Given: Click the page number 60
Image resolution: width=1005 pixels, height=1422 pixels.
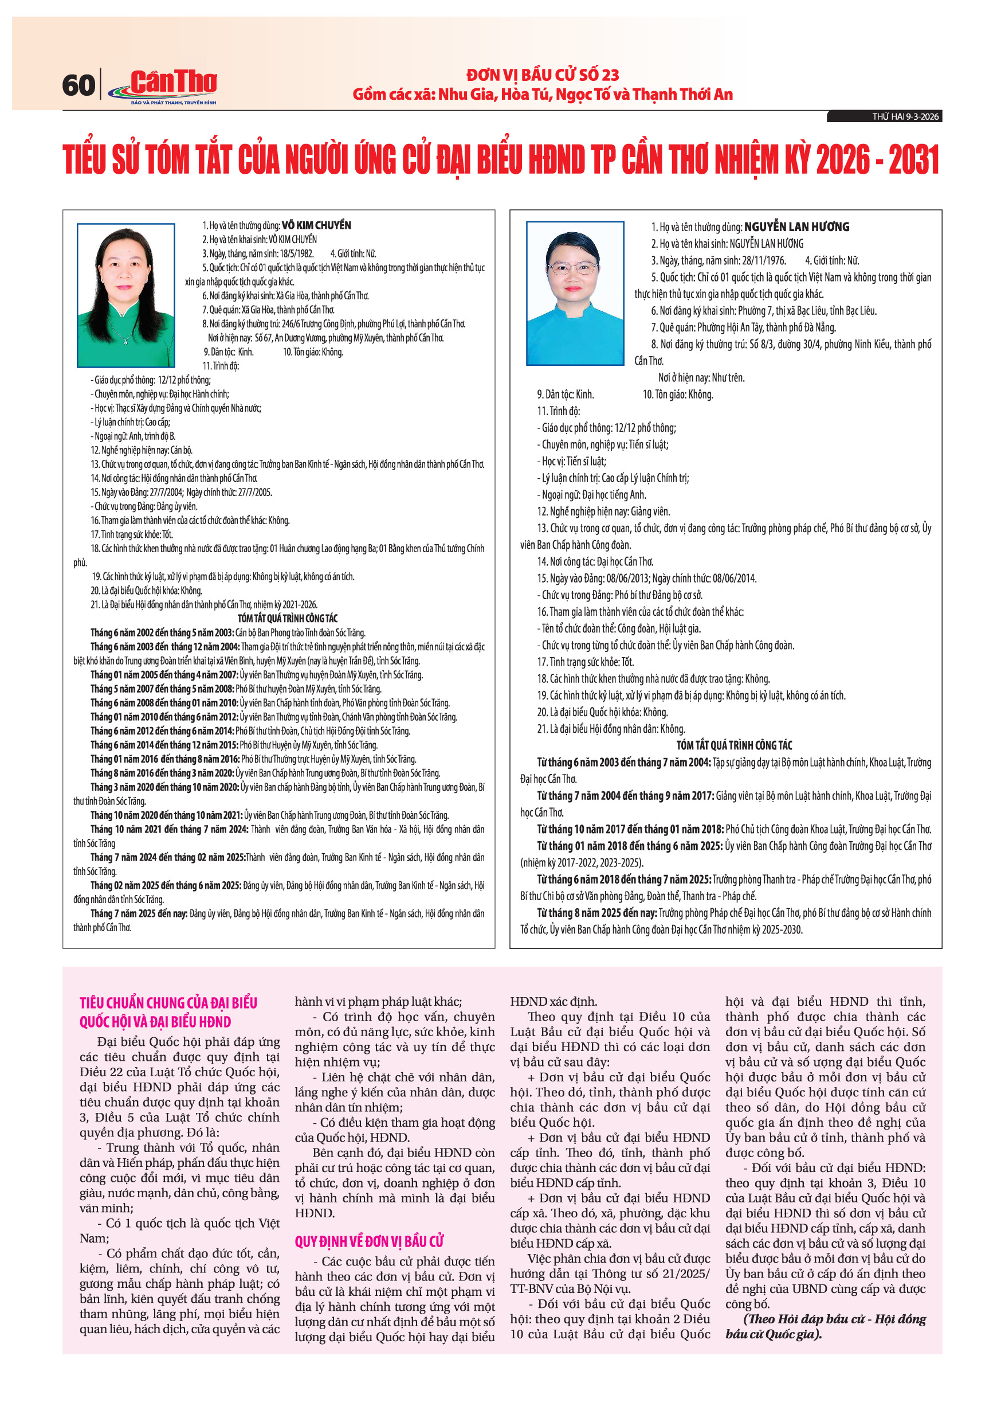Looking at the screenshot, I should tap(78, 85).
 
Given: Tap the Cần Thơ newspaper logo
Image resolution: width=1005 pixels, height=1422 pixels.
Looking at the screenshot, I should tap(166, 86).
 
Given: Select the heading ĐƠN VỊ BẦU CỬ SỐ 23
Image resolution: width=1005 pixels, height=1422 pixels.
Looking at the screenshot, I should tap(543, 75).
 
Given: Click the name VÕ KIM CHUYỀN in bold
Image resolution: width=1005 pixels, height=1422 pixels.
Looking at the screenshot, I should tap(316, 225).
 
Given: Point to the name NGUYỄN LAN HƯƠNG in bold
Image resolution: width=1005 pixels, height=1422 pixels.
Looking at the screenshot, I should tap(796, 226).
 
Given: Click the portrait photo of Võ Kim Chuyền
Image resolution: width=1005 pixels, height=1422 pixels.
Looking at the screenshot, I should tap(125, 295).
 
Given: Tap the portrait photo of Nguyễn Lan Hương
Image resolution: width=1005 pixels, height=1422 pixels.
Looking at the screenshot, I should tap(574, 293).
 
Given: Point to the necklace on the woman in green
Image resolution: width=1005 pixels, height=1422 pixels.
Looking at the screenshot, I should tap(126, 338).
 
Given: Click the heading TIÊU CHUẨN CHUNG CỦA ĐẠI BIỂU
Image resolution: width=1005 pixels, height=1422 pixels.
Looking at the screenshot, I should tap(168, 1003).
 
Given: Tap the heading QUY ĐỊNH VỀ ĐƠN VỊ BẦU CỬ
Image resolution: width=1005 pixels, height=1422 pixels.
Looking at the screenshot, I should tap(370, 1241).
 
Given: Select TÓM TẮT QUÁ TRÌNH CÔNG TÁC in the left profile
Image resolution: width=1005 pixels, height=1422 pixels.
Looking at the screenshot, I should tap(288, 618).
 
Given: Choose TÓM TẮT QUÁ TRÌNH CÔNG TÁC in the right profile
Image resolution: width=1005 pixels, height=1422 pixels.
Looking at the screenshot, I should tap(734, 745).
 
